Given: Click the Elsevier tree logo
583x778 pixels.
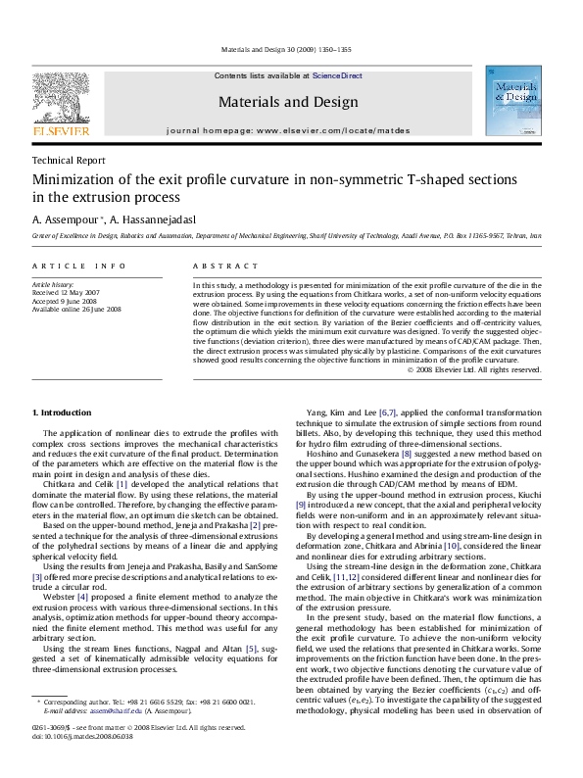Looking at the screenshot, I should coord(61,98).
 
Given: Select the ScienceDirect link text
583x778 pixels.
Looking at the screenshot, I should coord(337,75).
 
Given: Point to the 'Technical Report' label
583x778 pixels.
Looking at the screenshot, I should coord(69,161).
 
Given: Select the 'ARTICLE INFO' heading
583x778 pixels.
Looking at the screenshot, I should coord(78,267).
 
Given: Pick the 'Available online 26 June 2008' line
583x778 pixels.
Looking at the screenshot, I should coord(76,309).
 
